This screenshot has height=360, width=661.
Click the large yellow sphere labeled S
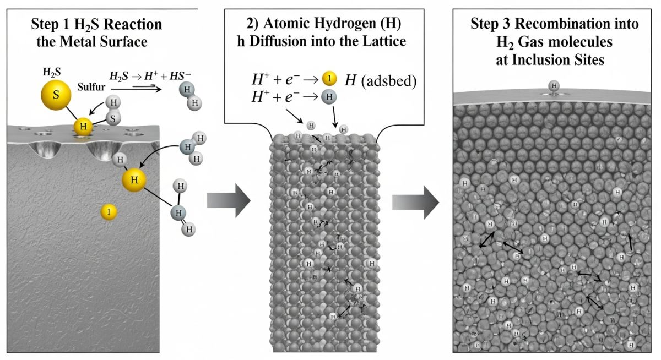56,94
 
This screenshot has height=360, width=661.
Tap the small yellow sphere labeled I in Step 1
109,211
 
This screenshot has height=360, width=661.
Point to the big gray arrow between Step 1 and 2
228,200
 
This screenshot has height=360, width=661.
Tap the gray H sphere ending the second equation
329,97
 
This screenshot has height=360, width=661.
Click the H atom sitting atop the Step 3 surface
554,86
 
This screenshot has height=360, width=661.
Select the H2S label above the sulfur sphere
52,72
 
